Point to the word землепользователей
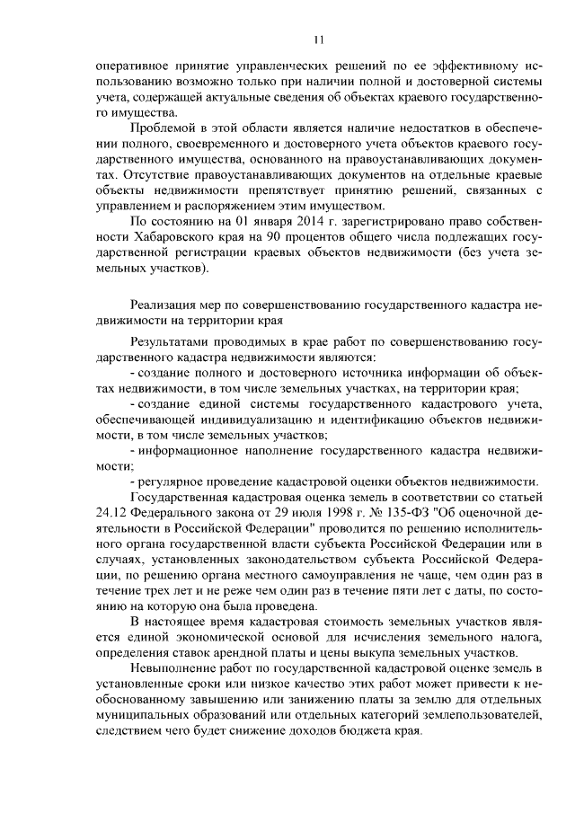[481, 714]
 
